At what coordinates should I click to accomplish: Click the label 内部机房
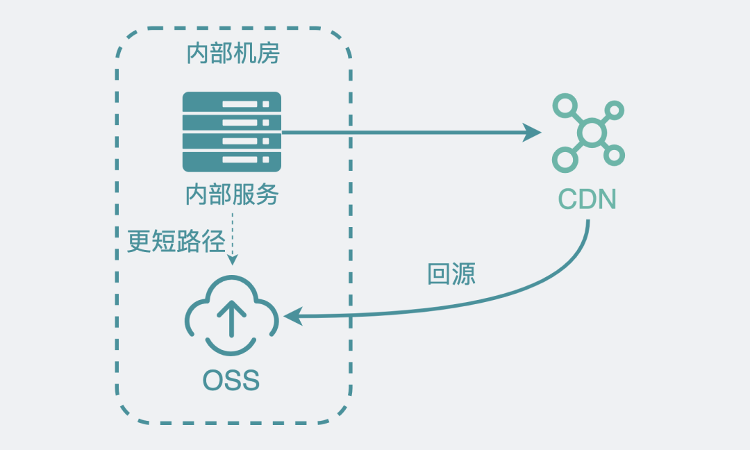click(233, 53)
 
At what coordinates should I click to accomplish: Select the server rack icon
click(232, 132)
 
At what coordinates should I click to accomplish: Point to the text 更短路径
click(176, 241)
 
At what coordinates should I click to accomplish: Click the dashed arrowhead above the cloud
click(233, 260)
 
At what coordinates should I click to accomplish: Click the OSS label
click(231, 380)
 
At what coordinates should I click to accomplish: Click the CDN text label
click(587, 200)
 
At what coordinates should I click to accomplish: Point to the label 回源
click(451, 274)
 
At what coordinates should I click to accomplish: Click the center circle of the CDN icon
click(591, 133)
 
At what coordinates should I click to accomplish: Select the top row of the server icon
click(232, 103)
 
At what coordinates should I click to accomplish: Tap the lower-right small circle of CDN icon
click(615, 155)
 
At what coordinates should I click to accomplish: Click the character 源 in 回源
click(464, 274)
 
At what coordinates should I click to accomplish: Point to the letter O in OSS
click(212, 380)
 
